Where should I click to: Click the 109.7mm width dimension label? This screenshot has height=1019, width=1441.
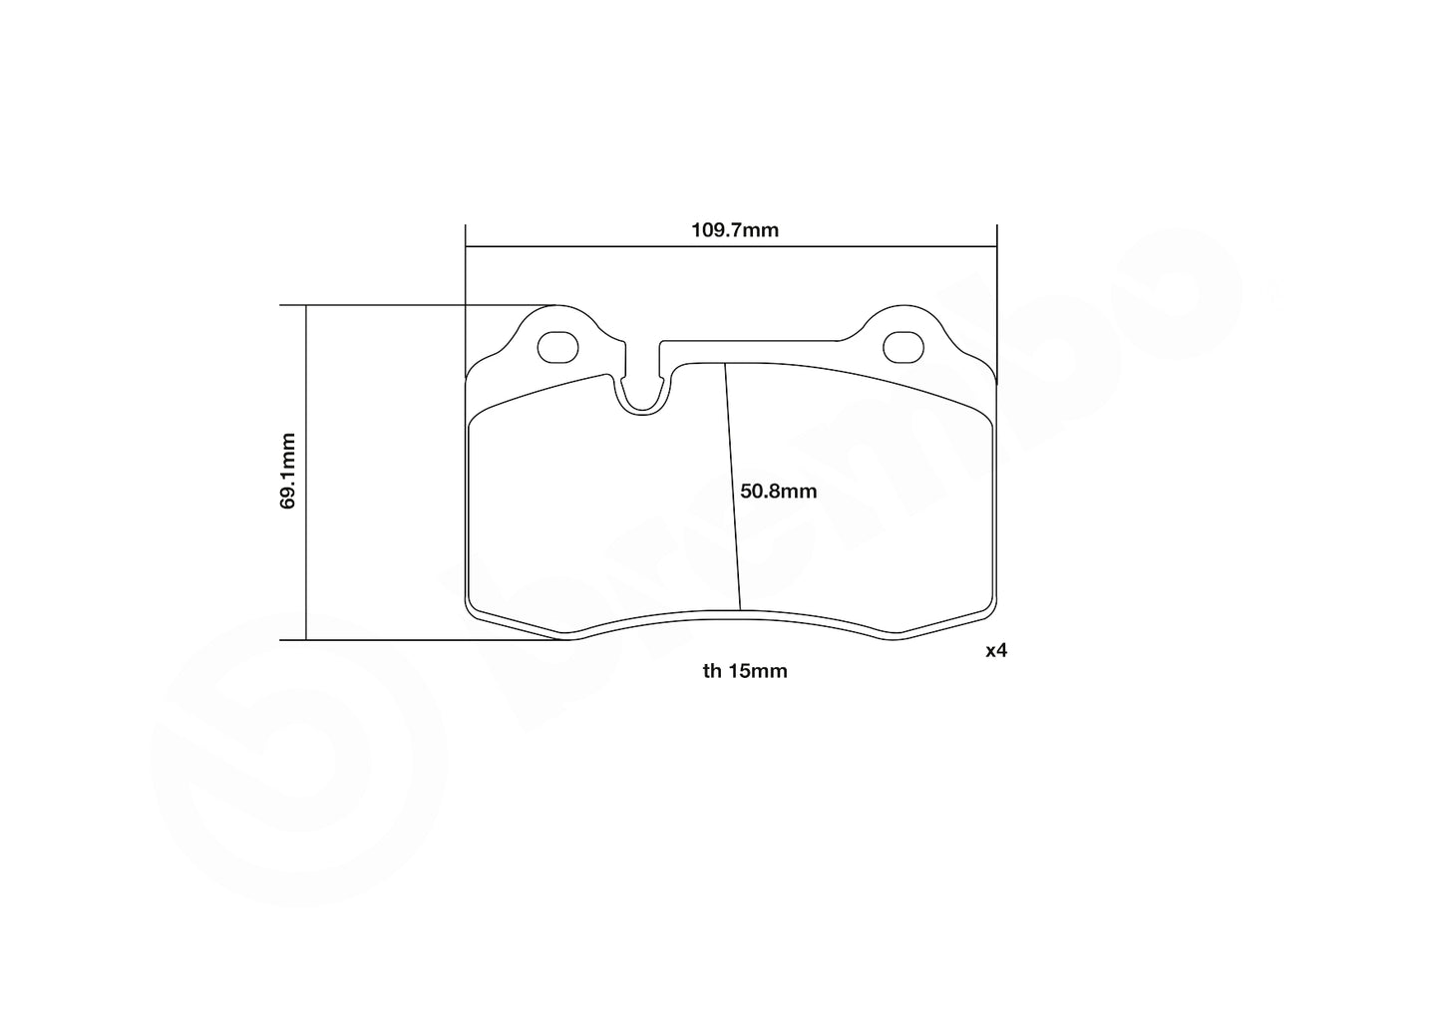pos(735,230)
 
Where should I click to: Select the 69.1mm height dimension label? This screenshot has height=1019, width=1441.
pos(287,471)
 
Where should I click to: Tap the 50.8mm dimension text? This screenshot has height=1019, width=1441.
pos(778,491)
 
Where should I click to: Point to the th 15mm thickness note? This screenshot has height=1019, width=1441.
pos(744,671)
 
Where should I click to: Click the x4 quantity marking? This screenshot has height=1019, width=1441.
pos(996,651)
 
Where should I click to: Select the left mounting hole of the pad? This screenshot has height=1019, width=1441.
pos(557,346)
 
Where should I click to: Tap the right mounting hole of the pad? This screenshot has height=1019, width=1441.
pos(904,345)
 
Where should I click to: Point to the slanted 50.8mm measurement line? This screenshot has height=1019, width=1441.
pos(732,489)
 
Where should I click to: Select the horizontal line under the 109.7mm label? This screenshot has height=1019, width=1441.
pos(731,246)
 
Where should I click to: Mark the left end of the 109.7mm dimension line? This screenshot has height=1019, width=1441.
pos(466,246)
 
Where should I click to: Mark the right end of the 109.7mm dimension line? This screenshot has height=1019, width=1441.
pos(996,246)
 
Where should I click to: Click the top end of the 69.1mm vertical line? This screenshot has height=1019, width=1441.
pos(306,305)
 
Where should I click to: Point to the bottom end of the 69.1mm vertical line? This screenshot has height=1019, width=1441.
pos(306,640)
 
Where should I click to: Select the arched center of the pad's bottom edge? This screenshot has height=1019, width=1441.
pos(731,611)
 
